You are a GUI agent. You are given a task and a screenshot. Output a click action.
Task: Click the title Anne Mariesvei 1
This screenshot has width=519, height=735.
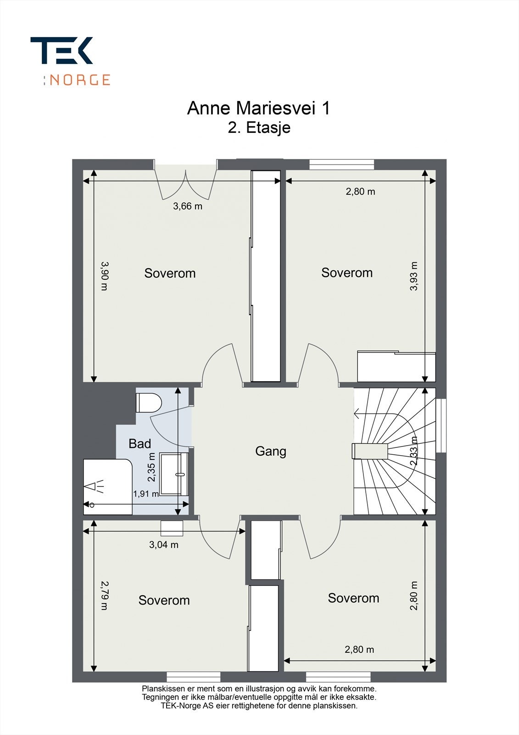(x=258, y=108)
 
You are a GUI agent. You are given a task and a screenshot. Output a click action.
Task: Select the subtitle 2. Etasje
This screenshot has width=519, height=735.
(x=259, y=128)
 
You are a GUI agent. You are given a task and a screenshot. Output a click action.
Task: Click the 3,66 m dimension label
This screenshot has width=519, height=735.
(x=187, y=206)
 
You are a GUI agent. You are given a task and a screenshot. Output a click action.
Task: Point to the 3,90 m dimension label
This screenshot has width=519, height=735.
(x=104, y=276)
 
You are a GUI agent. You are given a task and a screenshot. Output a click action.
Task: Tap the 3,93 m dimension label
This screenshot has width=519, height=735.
(x=414, y=276)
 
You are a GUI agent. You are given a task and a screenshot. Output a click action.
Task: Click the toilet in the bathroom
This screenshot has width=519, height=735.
(x=149, y=402)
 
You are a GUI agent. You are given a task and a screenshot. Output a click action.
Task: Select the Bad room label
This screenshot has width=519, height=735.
(x=140, y=444)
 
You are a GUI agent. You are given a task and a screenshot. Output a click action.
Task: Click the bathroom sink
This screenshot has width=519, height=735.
(x=174, y=474)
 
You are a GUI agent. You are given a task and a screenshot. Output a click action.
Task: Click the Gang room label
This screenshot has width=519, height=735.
(x=271, y=451)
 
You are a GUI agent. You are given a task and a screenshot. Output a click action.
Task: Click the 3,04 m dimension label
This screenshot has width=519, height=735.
(x=163, y=545)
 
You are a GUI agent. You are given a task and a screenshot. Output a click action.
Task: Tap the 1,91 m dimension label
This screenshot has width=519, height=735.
(x=145, y=494)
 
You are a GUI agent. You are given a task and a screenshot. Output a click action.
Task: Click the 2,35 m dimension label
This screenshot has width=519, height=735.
(x=152, y=468)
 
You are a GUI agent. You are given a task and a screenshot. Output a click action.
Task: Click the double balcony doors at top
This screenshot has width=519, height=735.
(x=186, y=184)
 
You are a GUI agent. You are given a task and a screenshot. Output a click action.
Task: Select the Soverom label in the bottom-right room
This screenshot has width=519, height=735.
(x=353, y=598)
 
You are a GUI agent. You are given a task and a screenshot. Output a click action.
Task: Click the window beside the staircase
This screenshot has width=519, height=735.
(x=441, y=425)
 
